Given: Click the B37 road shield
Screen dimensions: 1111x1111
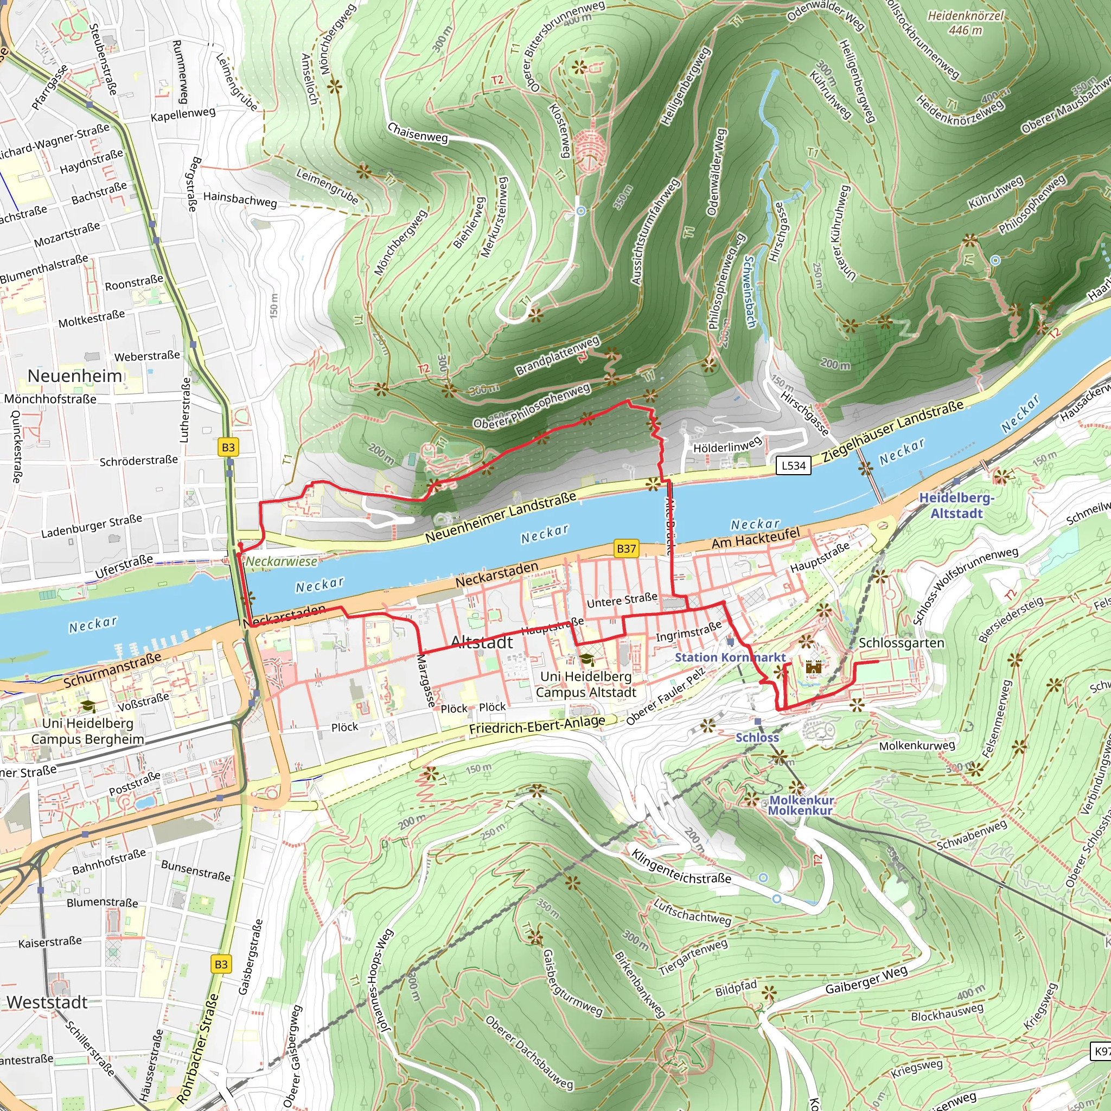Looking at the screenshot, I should [x=625, y=548].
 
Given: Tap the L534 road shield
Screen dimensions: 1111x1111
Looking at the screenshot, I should [x=794, y=466].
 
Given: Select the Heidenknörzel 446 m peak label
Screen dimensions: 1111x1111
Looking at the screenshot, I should [x=966, y=23].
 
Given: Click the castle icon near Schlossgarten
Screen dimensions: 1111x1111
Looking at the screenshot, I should [x=813, y=668].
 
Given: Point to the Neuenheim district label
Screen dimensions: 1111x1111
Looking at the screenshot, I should [x=75, y=376].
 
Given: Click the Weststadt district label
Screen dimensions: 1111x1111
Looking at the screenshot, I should [x=47, y=1003].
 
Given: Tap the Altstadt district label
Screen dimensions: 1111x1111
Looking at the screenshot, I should [x=482, y=642].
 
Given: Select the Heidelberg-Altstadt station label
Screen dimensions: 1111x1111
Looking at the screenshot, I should [x=956, y=506].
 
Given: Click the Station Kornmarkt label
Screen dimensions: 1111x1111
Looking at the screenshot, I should [x=730, y=657].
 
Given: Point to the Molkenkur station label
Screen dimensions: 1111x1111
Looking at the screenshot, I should [x=801, y=805].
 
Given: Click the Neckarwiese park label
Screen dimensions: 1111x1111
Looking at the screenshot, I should [x=282, y=561].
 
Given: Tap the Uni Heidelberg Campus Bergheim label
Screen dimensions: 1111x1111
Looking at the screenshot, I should [x=87, y=731].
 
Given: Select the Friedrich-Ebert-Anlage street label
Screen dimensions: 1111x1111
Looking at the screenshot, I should [x=537, y=725].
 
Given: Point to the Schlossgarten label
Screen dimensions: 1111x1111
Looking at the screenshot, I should [x=901, y=643].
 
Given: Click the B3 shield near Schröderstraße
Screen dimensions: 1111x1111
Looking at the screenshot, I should [x=228, y=448].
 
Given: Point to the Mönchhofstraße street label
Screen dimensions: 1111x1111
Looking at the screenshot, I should [x=50, y=399].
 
